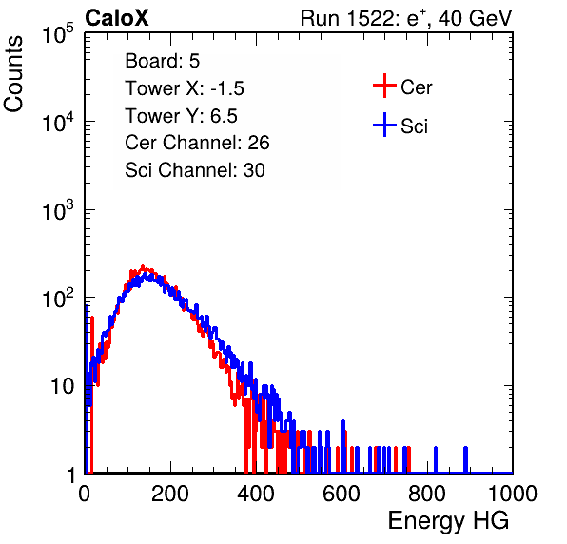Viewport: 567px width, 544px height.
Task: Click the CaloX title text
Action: click(x=116, y=18)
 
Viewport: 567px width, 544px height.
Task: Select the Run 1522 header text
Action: click(x=406, y=18)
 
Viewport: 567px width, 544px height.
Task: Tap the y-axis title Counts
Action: click(x=13, y=74)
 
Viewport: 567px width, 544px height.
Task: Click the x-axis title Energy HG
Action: click(x=448, y=520)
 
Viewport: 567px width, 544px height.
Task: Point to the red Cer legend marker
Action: click(x=384, y=86)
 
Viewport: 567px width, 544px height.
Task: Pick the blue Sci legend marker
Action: click(x=384, y=126)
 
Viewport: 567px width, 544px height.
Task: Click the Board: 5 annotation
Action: click(x=163, y=61)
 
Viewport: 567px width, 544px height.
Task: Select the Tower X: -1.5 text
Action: click(x=185, y=88)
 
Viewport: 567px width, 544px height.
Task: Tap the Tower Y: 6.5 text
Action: click(x=181, y=116)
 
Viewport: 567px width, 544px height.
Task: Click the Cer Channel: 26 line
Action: click(x=197, y=143)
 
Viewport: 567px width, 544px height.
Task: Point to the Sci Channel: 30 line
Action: click(x=195, y=170)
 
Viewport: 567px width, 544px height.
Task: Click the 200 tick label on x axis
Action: click(x=170, y=494)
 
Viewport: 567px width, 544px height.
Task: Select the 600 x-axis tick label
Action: click(x=342, y=494)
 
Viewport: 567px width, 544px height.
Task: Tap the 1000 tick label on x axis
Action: click(x=513, y=494)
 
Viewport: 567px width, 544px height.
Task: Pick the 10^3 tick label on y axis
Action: click(x=58, y=210)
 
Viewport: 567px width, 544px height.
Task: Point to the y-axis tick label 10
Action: click(x=63, y=387)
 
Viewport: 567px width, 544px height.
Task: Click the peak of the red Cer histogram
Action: click(x=143, y=266)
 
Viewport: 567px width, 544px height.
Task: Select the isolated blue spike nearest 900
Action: click(x=466, y=459)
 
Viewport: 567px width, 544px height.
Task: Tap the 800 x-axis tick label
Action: click(x=427, y=494)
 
